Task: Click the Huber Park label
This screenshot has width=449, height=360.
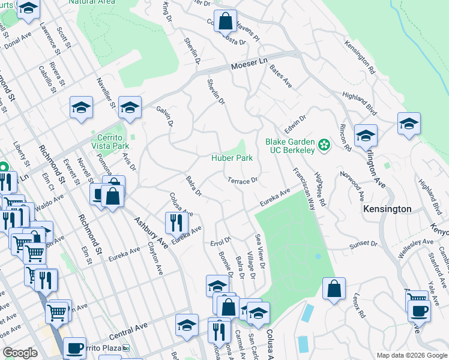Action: coord(231,158)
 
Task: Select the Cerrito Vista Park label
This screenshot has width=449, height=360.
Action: coord(109,142)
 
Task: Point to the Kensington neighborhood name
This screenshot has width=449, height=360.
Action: coord(387,209)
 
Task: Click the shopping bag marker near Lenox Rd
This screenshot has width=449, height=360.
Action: coord(334,289)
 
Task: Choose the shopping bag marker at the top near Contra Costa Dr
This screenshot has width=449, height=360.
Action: coord(225,21)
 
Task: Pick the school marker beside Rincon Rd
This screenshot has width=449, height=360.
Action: coord(365,136)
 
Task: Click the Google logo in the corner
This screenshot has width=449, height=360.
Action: coord(20,353)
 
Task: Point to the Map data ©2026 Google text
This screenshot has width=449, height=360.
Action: coord(412,355)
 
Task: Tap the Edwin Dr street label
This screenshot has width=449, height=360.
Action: coord(295,125)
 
